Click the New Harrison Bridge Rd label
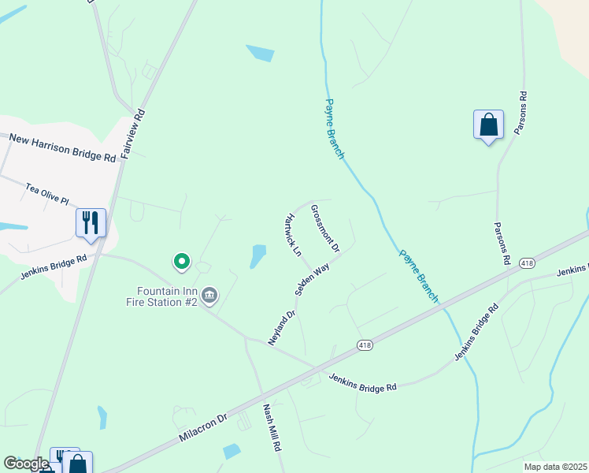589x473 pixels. tap(63, 147)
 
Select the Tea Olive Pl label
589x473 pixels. tap(53, 194)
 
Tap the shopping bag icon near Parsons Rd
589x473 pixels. tap(488, 125)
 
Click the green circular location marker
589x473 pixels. tap(181, 261)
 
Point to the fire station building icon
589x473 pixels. tap(209, 296)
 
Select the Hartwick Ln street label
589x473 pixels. tap(292, 236)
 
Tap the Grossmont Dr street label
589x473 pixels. tap(324, 229)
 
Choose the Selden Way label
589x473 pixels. tap(312, 280)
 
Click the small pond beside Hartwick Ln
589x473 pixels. tap(257, 256)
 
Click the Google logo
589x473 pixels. tap(25, 464)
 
